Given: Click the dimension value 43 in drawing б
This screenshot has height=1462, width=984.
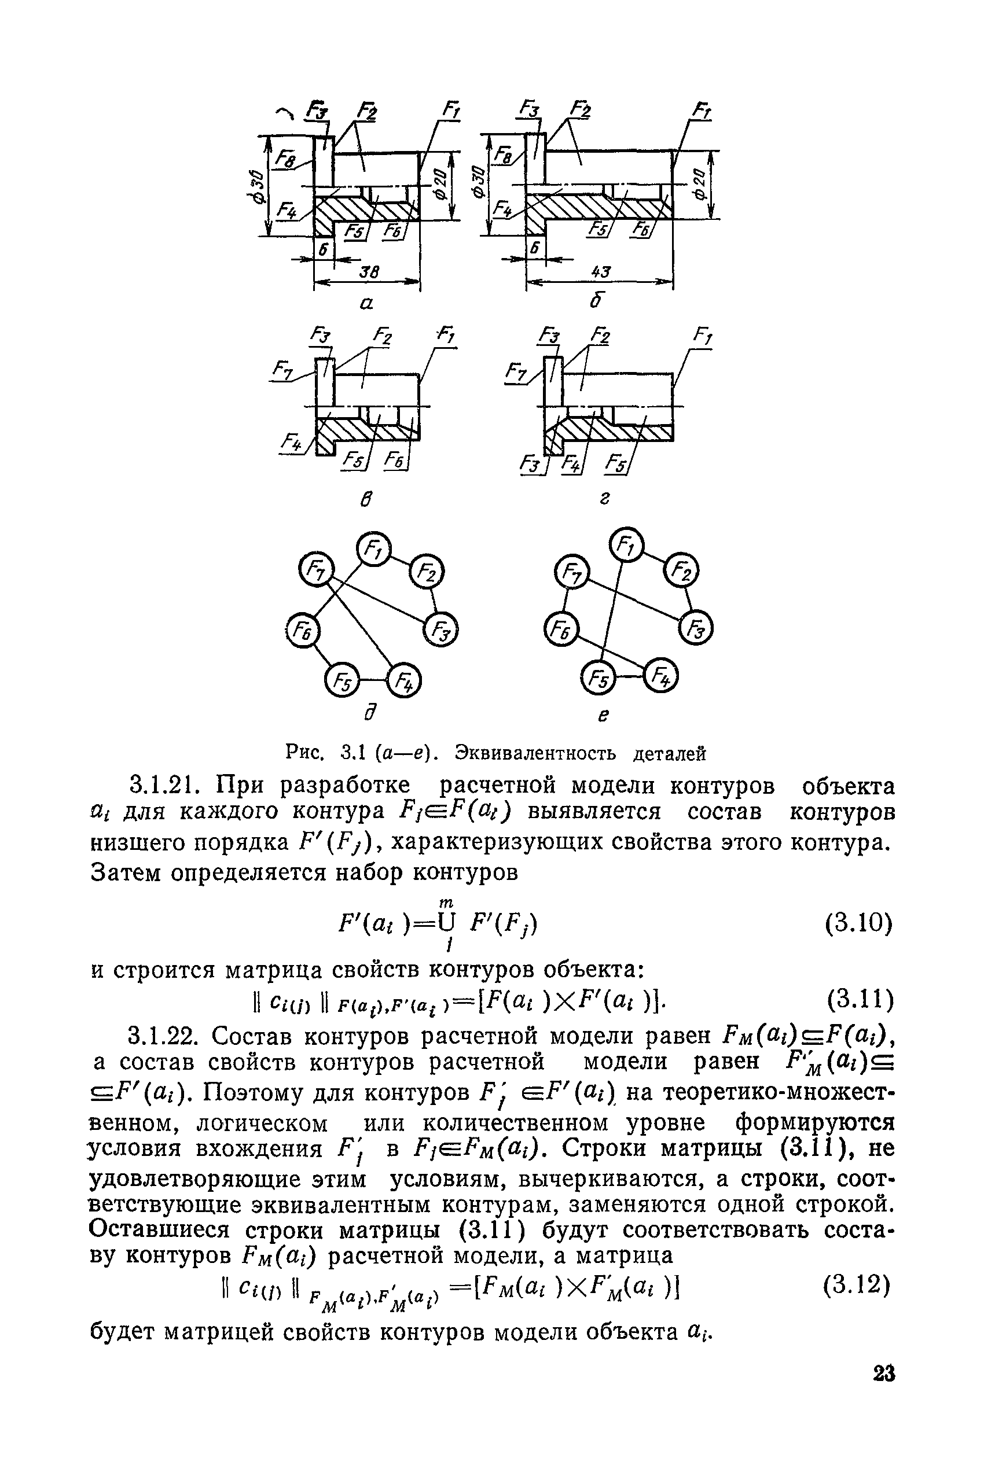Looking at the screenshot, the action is (x=601, y=271).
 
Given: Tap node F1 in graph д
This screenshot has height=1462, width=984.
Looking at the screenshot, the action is (x=373, y=550).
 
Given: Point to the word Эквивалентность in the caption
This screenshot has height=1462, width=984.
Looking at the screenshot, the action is (x=535, y=752).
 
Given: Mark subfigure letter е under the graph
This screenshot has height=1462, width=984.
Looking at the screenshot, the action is (x=603, y=716).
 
